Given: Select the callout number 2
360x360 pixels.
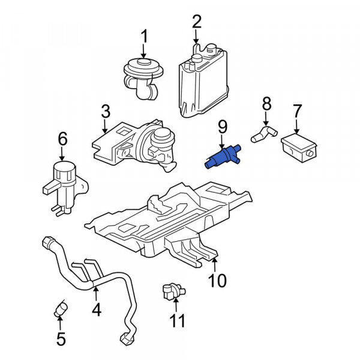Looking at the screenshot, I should (x=197, y=23).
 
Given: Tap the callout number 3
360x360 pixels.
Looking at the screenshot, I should (x=106, y=112).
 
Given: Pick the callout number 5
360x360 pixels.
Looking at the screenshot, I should (x=61, y=339).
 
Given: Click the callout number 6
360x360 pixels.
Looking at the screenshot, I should (x=62, y=140).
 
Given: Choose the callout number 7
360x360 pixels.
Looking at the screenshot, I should (x=297, y=111).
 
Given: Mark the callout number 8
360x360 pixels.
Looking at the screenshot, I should (x=266, y=106).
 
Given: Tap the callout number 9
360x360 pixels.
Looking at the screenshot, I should (x=222, y=127).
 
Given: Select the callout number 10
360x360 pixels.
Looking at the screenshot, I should (x=217, y=281).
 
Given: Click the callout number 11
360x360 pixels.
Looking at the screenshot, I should (x=176, y=321).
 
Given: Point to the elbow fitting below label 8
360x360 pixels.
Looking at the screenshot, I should (x=262, y=134).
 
